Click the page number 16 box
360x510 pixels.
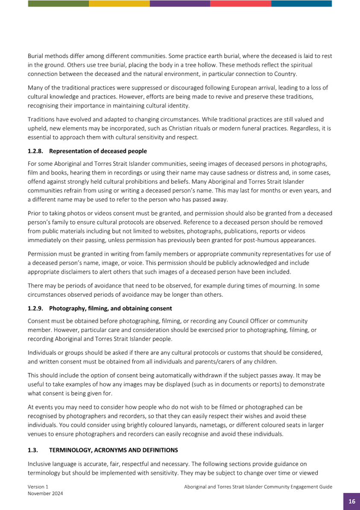point(351,501)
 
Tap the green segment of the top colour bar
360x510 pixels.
point(58,3)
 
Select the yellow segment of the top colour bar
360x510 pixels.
point(119,3)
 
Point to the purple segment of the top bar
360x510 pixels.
point(180,3)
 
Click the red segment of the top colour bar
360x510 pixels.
point(240,3)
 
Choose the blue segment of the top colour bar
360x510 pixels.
point(301,3)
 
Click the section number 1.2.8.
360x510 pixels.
point(36,151)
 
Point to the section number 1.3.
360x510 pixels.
point(33,450)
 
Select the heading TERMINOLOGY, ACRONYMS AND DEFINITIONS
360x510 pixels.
point(114,450)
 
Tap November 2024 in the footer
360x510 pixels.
point(45,493)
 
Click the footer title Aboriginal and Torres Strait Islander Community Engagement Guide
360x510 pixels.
point(258,487)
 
